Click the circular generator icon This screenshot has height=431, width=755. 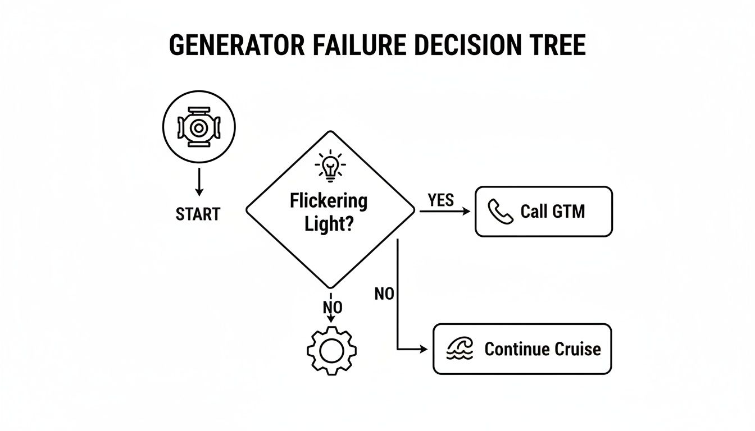tap(198, 128)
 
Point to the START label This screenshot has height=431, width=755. tap(198, 214)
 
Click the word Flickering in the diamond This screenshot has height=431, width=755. tap(329, 200)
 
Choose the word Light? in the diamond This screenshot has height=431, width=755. tap(329, 224)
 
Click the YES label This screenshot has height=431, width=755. tap(440, 200)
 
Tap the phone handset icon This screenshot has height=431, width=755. tap(500, 212)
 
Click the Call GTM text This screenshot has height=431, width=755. tap(552, 212)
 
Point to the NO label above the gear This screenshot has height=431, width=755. tap(332, 307)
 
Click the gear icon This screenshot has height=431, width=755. tap(331, 350)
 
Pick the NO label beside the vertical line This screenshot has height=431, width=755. tap(384, 294)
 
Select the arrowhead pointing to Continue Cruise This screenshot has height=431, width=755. tap(422, 349)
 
